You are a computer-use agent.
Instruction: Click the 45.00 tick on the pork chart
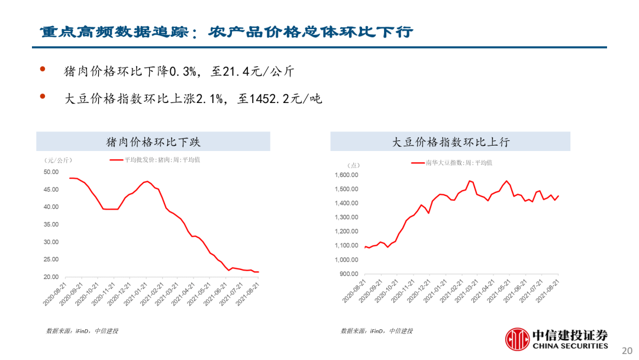click(x=51, y=189)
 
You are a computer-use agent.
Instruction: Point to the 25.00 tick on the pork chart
click(x=51, y=259)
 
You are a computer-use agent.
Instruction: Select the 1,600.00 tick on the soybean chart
click(x=346, y=175)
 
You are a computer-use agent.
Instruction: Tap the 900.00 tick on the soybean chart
click(x=349, y=274)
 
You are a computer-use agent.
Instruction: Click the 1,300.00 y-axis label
click(x=346, y=217)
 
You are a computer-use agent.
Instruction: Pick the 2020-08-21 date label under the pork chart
click(x=54, y=294)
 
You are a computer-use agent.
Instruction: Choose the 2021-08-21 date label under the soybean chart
click(x=547, y=291)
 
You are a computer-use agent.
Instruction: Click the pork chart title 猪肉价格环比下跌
click(x=153, y=142)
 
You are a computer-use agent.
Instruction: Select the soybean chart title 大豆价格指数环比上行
click(x=451, y=142)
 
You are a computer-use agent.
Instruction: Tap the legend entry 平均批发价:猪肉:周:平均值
click(x=155, y=160)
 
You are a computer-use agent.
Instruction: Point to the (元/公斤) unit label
click(x=58, y=160)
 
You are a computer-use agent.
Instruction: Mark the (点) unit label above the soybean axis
click(x=353, y=165)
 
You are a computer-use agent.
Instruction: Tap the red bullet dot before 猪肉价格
click(x=43, y=69)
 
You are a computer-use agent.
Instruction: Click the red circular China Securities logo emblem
click(x=517, y=339)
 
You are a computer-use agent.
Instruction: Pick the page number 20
click(x=627, y=351)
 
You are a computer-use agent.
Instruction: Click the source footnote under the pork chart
click(x=82, y=331)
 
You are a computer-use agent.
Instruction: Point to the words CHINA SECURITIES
click(x=570, y=346)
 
